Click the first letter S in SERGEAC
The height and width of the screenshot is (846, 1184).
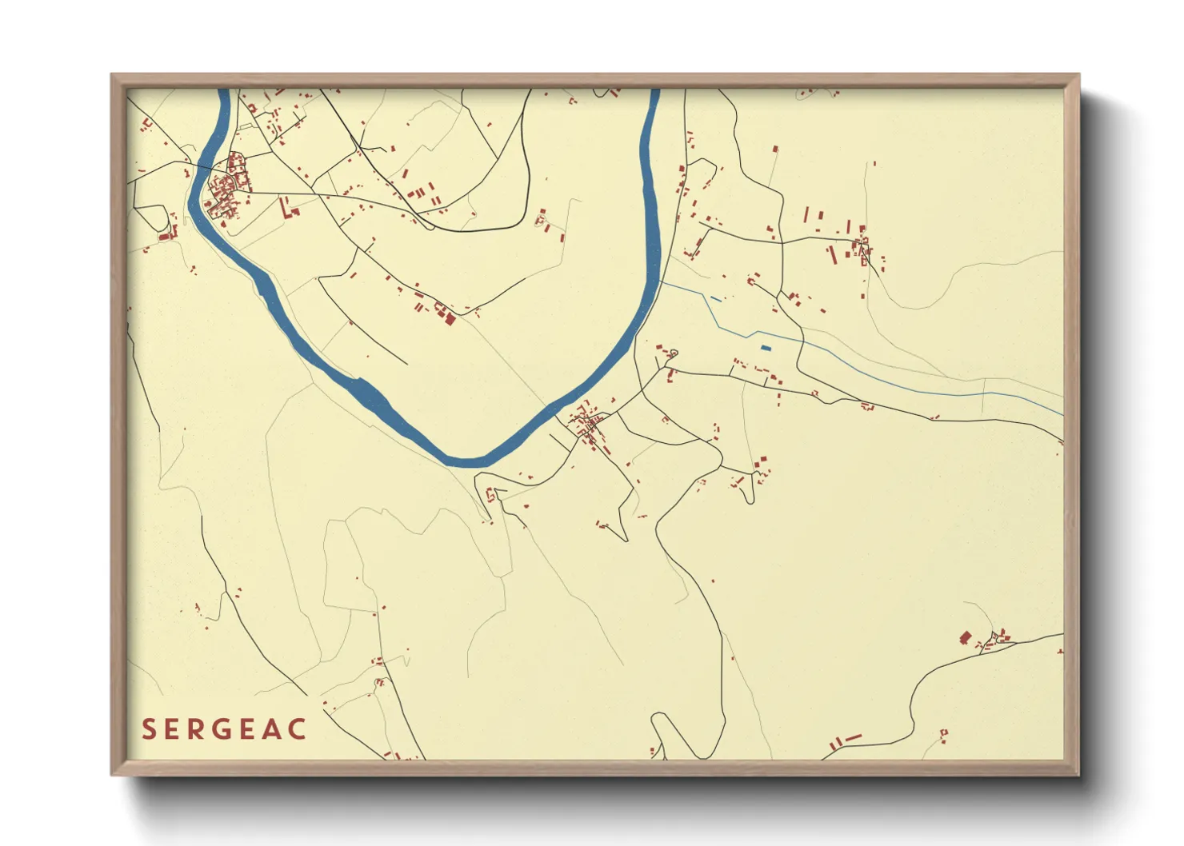149,729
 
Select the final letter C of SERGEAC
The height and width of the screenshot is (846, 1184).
297,729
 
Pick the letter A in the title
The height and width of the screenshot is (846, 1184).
272,729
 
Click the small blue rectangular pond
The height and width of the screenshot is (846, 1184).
765,348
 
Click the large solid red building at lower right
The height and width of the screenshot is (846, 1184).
965,637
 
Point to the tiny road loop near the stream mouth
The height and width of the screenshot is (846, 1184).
673,353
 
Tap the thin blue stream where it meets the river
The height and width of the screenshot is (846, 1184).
659,281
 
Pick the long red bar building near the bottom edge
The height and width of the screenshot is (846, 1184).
853,737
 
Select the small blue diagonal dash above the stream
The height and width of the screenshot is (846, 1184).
715,299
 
